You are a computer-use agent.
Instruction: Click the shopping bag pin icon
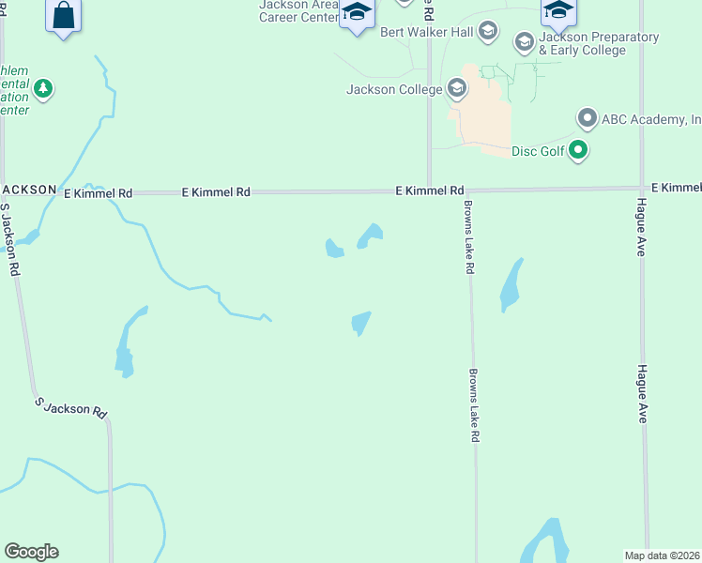(63, 16)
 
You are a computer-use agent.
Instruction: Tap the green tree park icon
(42, 89)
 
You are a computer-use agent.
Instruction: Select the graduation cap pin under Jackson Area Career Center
(357, 13)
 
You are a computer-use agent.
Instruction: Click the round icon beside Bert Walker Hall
(487, 32)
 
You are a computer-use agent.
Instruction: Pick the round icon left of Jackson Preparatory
(525, 41)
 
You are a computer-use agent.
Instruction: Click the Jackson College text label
(394, 90)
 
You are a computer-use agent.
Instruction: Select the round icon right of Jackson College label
(457, 89)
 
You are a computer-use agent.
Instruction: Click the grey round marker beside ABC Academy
(588, 119)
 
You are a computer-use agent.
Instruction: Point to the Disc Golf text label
(539, 150)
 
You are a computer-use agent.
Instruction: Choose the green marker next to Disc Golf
(579, 149)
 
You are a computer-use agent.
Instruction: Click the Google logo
(31, 552)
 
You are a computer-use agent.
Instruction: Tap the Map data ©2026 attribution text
(663, 555)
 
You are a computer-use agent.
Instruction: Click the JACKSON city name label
(28, 190)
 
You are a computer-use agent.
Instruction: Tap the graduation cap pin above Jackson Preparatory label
(558, 11)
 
